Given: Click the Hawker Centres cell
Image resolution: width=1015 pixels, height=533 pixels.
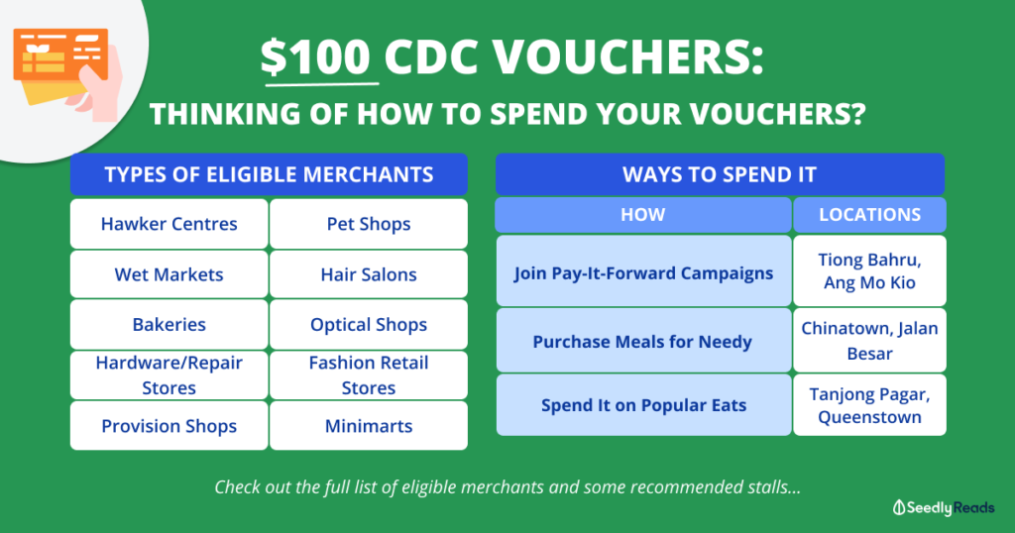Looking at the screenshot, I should point(169,224).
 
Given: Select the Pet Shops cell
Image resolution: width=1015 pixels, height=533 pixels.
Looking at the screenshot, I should point(369,224).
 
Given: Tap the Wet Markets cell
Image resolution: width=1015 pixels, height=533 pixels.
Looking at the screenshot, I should point(169,274).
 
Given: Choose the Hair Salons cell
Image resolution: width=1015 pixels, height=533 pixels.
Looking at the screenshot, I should point(369,274).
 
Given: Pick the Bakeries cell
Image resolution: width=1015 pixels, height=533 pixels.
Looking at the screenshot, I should point(169,325).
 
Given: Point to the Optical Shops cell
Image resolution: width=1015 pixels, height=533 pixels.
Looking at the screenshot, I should point(369,325).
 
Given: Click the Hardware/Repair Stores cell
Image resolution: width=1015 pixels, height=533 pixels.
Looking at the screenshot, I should point(169,375).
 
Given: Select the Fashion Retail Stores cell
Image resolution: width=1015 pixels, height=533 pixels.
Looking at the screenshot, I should point(369,375).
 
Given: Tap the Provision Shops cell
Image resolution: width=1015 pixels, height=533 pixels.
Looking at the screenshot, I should point(169,426).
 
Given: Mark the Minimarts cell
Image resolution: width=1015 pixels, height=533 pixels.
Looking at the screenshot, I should point(369,426).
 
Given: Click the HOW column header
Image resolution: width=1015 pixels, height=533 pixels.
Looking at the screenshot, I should point(642,215).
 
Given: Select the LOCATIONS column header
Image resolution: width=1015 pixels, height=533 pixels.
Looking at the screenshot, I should point(869,215).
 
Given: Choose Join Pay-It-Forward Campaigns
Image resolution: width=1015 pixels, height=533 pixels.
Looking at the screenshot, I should point(642,272).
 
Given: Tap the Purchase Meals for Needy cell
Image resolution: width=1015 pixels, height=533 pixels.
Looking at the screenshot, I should point(642,342).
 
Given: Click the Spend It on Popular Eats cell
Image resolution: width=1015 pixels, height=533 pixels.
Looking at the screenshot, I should point(642,405).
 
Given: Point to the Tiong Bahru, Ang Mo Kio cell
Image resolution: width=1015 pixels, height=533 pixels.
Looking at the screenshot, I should point(869,270).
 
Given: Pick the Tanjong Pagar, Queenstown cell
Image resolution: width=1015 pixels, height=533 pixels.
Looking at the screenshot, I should point(869,405).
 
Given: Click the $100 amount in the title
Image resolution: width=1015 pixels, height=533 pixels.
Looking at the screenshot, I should point(319,59).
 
